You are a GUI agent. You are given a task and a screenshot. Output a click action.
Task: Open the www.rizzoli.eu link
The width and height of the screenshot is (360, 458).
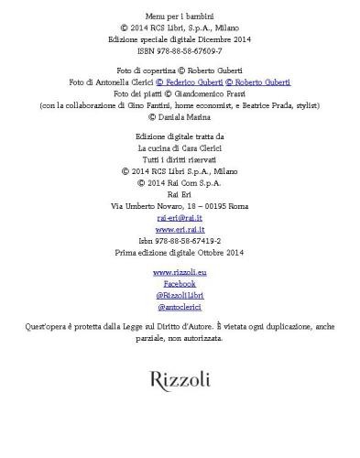(180, 273)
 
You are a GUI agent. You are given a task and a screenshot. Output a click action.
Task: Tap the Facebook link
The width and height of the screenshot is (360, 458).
(180, 284)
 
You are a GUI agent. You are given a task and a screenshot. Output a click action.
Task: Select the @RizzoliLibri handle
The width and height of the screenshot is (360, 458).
(180, 296)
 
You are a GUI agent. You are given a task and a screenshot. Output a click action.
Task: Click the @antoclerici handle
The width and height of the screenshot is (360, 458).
(180, 308)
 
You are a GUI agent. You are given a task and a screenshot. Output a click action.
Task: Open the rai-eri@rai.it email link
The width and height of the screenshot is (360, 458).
(180, 218)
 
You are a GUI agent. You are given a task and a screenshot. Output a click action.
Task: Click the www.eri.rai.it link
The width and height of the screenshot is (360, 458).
(180, 229)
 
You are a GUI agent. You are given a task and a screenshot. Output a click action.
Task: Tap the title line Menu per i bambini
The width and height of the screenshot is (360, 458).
(180, 16)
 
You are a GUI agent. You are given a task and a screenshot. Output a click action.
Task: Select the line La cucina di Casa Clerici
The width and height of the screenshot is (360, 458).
(180, 147)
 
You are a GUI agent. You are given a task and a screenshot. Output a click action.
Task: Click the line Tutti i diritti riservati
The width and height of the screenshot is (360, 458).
(180, 158)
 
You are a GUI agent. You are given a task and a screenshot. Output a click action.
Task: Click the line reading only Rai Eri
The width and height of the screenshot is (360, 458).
(180, 194)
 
